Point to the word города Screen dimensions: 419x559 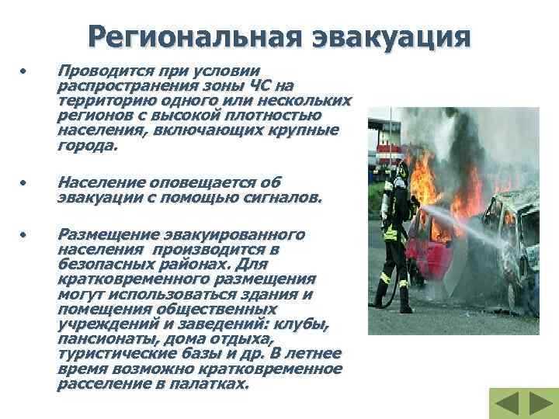(87, 145)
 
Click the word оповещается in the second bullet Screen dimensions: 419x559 (198, 182)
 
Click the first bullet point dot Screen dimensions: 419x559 (24, 71)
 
